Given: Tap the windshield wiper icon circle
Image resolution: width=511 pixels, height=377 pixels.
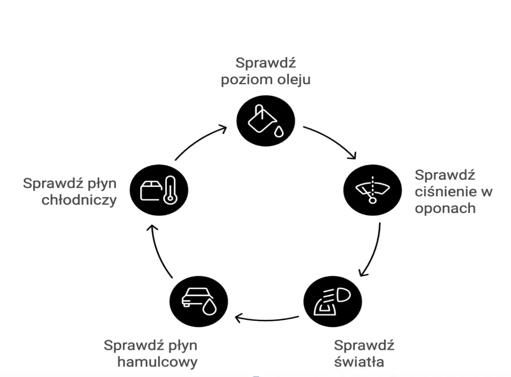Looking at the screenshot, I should pyautogui.click(x=372, y=190).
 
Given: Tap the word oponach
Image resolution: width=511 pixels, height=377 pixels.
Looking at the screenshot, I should pyautogui.click(x=445, y=208).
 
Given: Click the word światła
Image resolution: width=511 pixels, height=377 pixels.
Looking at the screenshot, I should pyautogui.click(x=359, y=362).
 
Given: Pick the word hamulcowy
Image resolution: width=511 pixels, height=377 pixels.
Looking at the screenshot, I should pyautogui.click(x=157, y=362).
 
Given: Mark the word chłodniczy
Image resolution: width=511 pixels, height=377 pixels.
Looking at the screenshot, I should pyautogui.click(x=79, y=200).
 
